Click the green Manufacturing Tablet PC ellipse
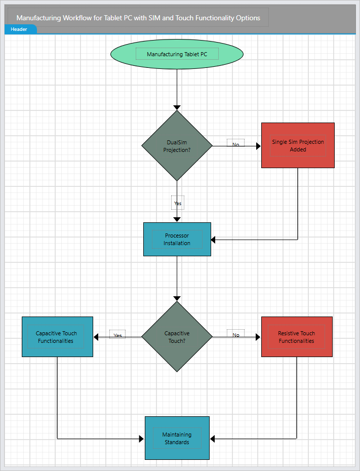coord(177,54)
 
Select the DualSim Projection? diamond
coord(177,146)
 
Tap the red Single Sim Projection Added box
coord(298,145)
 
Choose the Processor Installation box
coord(177,239)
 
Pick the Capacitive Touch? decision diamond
coord(177,337)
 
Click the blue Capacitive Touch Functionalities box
coord(57,337)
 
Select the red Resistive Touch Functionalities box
coord(297,337)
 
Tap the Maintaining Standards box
coord(177,438)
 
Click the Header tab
coord(19,29)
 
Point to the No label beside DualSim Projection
coord(235,144)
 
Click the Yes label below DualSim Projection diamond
coord(177,203)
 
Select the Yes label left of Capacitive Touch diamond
coord(117,335)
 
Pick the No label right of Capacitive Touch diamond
coord(236,335)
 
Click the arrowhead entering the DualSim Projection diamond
coord(177,107)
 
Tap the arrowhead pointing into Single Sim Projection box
coord(258,146)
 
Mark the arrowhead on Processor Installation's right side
coord(214,239)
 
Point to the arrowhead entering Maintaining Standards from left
coord(141,439)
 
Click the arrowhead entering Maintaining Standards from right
coord(213,439)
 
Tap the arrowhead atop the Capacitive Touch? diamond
coord(177,298)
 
